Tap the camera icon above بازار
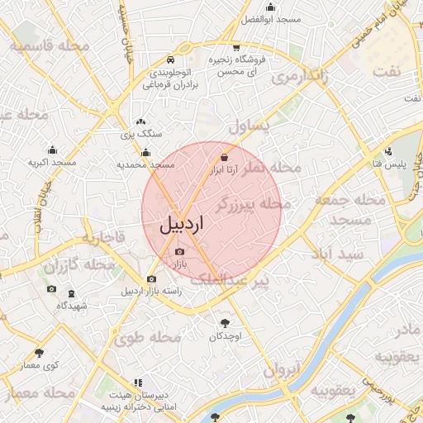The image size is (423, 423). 180,250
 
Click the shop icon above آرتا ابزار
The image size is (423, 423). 225,155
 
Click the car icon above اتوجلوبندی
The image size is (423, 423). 169,60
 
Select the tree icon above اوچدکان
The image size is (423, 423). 224,323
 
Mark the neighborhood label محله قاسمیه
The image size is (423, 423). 51,45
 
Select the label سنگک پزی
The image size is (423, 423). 141,133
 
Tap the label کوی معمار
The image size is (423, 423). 39,366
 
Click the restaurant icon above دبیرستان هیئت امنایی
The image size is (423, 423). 137,383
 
